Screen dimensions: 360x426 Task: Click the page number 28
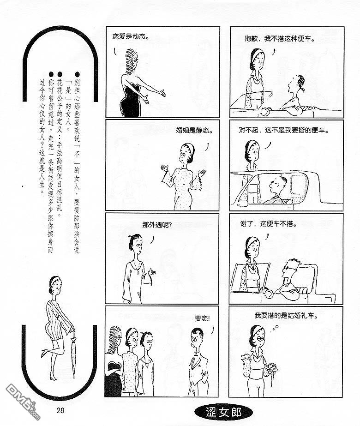point(60,410)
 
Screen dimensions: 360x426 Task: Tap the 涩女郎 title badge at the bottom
point(223,412)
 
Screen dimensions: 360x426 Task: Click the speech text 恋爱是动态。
point(131,36)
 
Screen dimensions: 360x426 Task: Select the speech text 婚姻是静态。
point(194,130)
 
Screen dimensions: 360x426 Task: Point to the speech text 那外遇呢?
point(157,225)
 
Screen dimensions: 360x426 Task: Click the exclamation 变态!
point(202,318)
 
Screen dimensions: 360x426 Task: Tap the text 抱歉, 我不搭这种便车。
point(280,39)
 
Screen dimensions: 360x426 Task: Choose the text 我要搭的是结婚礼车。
point(286,315)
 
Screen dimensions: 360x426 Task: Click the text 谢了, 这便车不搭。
point(269,224)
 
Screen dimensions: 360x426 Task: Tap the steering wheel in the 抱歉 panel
point(266,111)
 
